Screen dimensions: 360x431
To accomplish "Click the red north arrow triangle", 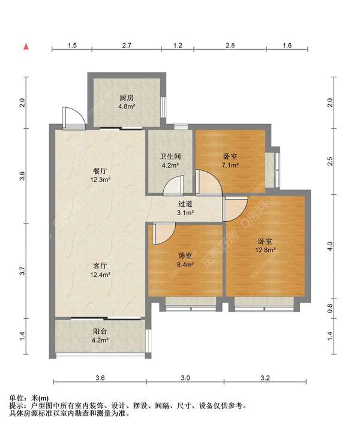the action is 26,46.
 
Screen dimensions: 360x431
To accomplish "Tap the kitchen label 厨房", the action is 127,98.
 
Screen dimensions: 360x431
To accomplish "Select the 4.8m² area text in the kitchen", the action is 127,106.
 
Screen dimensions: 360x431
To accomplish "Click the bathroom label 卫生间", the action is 170,156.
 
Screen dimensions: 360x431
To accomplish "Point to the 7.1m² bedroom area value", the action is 230,165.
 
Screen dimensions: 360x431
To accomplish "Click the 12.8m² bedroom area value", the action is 265,250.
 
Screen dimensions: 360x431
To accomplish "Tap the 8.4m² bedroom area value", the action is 185,264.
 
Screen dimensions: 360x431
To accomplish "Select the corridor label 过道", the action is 185,204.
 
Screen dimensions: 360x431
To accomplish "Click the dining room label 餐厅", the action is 100,171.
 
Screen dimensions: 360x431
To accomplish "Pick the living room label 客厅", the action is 100,266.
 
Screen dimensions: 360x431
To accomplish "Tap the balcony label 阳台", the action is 100,331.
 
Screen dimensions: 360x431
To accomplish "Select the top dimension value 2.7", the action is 127,45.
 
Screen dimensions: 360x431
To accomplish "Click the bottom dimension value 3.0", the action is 185,378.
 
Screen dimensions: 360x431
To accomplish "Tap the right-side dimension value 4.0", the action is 330,246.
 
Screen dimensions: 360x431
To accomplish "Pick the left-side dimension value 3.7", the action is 22,271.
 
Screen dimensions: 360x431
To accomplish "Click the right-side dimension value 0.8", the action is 330,308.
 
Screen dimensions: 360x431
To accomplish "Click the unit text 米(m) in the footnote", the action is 40,398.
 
